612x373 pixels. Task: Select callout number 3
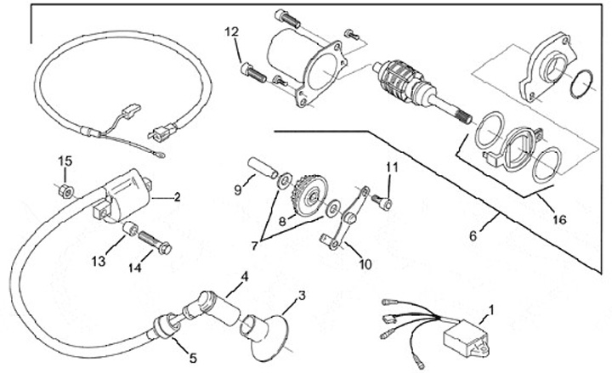click(x=300, y=297)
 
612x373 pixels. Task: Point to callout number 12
click(x=244, y=277)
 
